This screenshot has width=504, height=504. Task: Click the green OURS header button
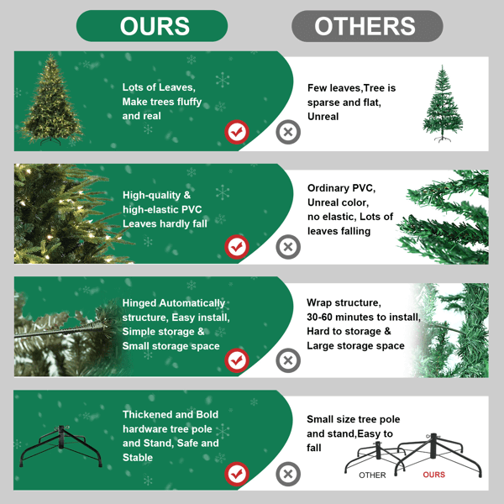(x=152, y=26)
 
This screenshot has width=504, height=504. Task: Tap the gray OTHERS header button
(x=365, y=26)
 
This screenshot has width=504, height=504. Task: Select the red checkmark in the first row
(x=238, y=132)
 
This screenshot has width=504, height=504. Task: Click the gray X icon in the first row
(x=288, y=132)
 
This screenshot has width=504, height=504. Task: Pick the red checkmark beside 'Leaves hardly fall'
(x=238, y=246)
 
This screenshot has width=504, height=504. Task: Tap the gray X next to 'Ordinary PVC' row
(x=288, y=246)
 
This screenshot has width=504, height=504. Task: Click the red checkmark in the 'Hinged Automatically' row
(x=238, y=360)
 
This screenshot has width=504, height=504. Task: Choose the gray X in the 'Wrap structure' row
(x=288, y=360)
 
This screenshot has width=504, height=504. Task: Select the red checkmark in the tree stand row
(x=238, y=474)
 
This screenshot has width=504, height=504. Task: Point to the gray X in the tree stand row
(x=288, y=474)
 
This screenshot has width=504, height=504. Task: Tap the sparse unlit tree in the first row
(x=442, y=104)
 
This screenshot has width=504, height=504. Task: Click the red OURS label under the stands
(x=434, y=475)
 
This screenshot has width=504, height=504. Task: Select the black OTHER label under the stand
(x=372, y=475)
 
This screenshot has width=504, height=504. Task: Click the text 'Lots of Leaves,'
(x=159, y=87)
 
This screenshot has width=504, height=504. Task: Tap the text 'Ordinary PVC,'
(x=341, y=187)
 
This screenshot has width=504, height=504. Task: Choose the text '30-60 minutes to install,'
(x=364, y=317)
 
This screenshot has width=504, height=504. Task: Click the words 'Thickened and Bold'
(x=171, y=414)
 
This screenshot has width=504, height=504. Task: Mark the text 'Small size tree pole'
(x=354, y=419)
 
